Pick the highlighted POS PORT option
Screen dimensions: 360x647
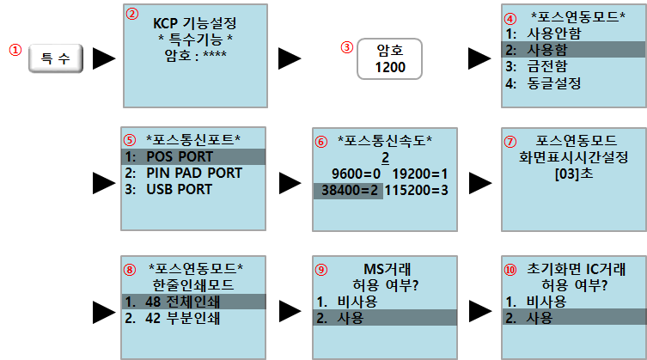click(194, 156)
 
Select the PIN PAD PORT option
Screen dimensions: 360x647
click(194, 173)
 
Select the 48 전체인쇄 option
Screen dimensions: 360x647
click(194, 301)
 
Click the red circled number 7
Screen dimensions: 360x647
click(510, 140)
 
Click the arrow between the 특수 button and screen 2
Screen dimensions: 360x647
click(104, 58)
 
